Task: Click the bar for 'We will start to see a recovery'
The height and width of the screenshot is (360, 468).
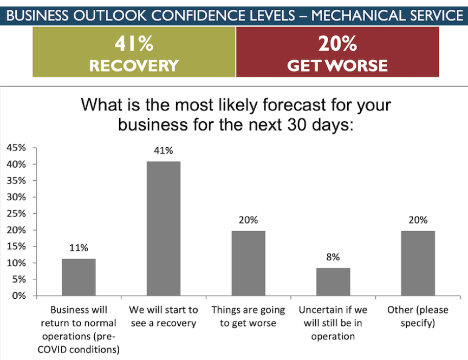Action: pos(163,228)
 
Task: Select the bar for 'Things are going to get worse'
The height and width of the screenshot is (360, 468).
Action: pos(248,263)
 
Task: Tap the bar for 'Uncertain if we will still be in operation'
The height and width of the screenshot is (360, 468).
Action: pos(333,282)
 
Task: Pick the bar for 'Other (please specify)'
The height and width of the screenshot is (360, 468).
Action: pos(418,263)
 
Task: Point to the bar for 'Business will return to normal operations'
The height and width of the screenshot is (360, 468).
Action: pos(79,277)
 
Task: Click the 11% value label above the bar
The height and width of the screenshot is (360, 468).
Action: pos(79,248)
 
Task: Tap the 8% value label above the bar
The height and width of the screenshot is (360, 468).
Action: pos(333,257)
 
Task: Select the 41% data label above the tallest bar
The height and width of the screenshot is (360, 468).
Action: pos(163,150)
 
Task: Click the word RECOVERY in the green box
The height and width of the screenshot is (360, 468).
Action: pos(134,66)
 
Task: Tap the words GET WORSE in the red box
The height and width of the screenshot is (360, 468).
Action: pos(337,66)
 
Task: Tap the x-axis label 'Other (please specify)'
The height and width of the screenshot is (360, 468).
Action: pos(418,317)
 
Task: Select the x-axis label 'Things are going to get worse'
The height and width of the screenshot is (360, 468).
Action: pos(248,317)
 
